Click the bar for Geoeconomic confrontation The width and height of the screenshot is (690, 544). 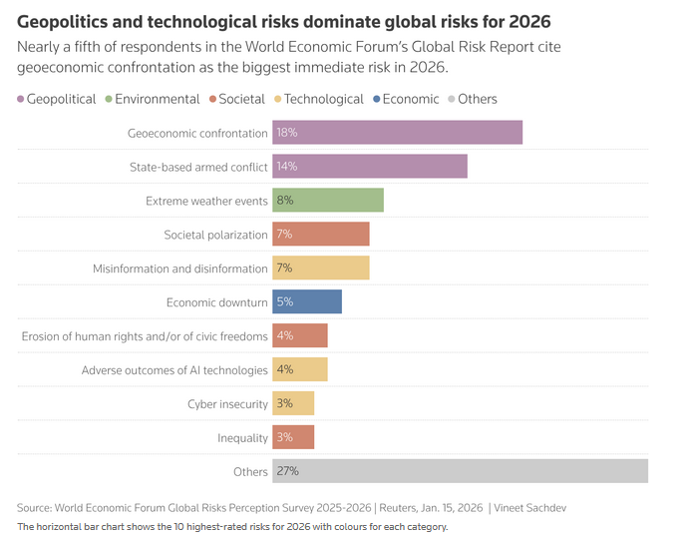click(397, 133)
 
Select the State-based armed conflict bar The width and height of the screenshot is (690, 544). click(369, 167)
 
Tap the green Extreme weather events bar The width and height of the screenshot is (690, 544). click(327, 201)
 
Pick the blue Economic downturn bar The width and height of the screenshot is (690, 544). click(306, 302)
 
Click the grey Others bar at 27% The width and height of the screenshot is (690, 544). click(459, 471)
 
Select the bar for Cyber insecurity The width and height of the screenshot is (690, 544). click(293, 404)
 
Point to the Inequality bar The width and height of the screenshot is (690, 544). click(293, 438)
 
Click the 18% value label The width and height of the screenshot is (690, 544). click(287, 133)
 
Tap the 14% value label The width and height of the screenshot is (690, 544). click(287, 167)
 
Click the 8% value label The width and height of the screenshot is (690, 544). click(285, 201)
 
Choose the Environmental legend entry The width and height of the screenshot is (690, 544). click(157, 99)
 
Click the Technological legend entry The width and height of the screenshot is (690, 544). click(323, 99)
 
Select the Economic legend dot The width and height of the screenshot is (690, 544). click(375, 99)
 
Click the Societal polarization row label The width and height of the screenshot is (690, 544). click(215, 235)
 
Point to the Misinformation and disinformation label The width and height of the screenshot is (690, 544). click(179, 269)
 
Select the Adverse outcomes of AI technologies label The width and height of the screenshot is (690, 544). click(174, 370)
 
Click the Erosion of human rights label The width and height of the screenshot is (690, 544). click(145, 336)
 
